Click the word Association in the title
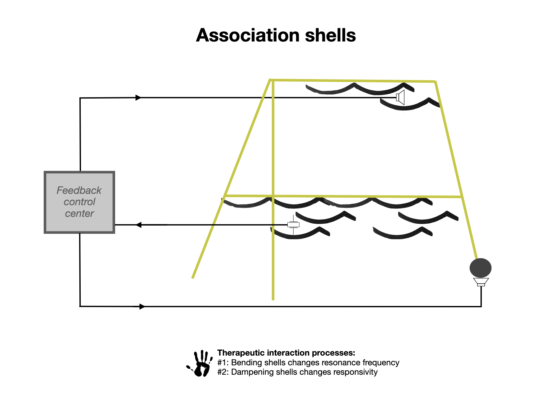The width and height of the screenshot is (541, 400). pos(247,35)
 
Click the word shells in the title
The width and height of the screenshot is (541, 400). pos(330,35)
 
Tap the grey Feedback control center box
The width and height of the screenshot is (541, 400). pos(79,202)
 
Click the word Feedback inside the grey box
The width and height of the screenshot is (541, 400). pos(79,190)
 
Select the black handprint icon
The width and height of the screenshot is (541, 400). pos(199,363)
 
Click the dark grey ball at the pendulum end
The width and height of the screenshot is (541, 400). pos(480,268)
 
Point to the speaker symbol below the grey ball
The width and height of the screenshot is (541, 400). pos(481,282)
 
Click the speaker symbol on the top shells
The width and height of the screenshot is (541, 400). pos(400,97)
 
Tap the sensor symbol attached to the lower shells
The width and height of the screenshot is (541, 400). pos(293,225)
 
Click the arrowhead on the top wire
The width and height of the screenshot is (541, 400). pos(138,98)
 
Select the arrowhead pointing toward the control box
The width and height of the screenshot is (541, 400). pos(138,225)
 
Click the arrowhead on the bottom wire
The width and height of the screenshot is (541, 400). pos(142,307)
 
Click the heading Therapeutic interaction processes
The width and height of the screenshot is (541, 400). pos(286,353)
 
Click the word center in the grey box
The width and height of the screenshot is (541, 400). pos(79,214)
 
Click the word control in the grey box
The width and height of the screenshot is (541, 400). pos(79,202)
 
